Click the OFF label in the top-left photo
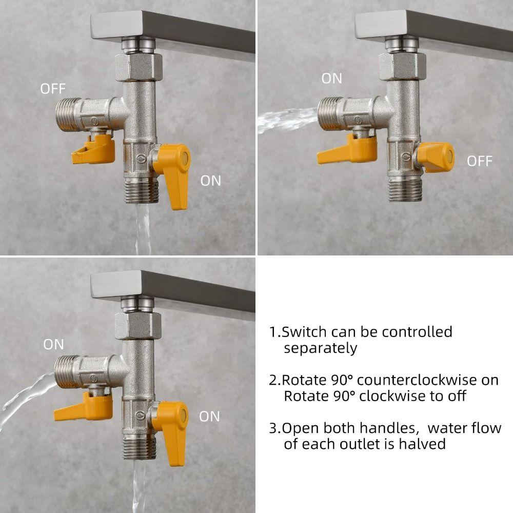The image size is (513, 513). (53, 89)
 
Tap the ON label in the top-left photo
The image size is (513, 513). (210, 181)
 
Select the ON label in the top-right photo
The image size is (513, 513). (331, 78)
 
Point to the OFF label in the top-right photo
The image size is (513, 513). (479, 161)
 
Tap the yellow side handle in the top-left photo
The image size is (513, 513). (94, 149)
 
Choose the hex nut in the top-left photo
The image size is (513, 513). (139, 67)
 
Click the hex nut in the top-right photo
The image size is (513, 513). (403, 66)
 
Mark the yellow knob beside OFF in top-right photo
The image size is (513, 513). (436, 157)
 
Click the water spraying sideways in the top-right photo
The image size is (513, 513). (287, 120)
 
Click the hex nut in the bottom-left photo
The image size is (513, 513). (138, 326)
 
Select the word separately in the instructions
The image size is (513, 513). (320, 348)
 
